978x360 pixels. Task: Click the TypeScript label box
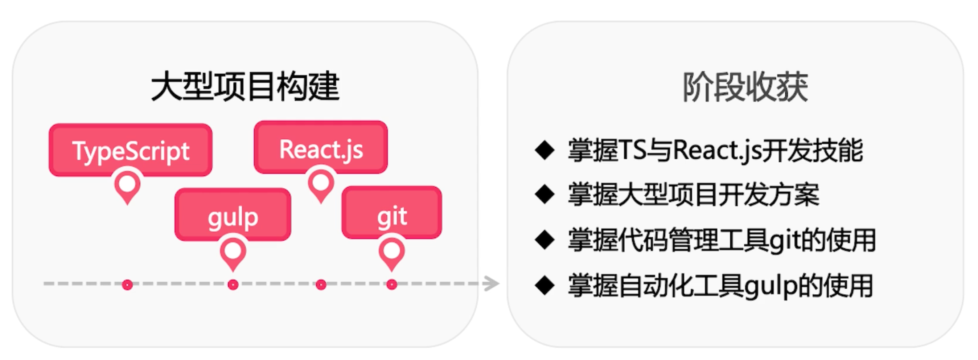131,150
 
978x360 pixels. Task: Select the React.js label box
321,147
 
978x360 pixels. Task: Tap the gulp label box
233,214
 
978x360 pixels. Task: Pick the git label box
391,213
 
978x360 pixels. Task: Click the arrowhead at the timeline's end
492,284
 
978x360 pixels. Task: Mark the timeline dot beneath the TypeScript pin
127,285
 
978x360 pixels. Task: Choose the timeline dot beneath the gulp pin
233,285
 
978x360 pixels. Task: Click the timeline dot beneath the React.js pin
321,285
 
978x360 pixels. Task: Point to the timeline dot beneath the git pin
391,285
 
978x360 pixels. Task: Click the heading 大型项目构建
245,87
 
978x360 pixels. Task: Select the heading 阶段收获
745,87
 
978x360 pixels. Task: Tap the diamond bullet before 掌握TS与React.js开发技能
545,150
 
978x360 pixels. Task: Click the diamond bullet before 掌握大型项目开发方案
545,194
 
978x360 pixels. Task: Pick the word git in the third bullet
785,241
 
